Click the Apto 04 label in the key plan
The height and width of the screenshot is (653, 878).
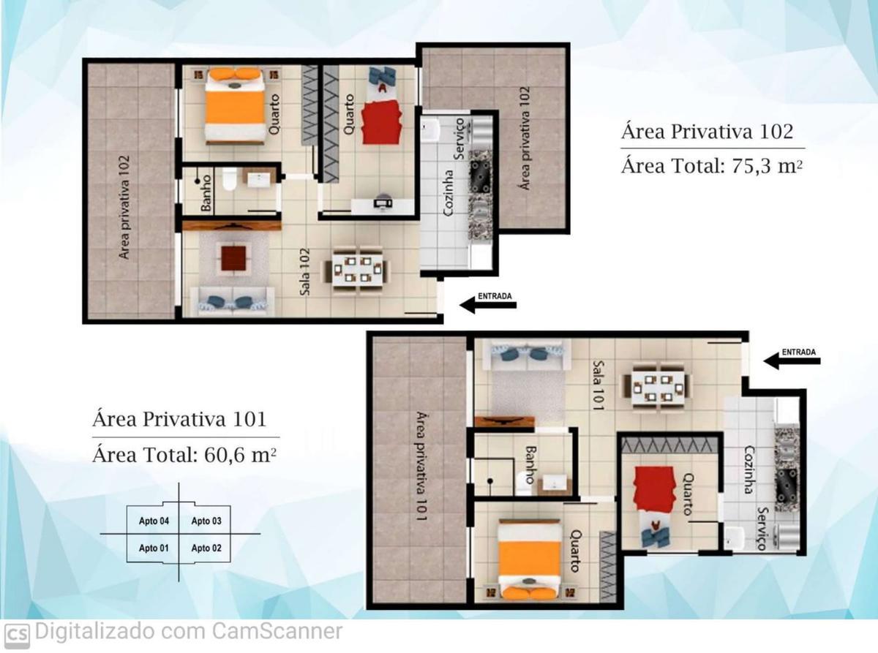click(154, 521)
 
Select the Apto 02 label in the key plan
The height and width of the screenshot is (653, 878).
click(206, 548)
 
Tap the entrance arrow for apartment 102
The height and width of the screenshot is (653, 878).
click(488, 305)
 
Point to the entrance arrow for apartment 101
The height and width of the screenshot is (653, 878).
click(792, 361)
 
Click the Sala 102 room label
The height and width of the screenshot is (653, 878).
click(304, 271)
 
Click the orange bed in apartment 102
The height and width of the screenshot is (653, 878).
click(235, 105)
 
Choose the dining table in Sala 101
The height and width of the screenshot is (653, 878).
click(656, 385)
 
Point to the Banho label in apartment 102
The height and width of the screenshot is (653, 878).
click(206, 193)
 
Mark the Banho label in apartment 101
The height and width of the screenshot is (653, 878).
click(530, 464)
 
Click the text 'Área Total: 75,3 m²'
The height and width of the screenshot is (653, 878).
click(712, 166)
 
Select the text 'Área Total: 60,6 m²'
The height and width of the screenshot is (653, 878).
click(184, 455)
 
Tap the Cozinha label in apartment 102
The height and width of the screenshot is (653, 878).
click(448, 193)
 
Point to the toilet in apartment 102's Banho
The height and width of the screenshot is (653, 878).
click(229, 179)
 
